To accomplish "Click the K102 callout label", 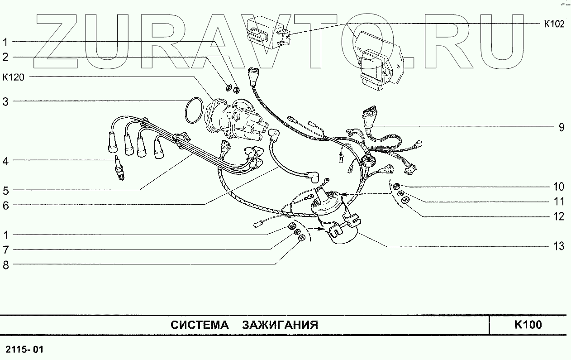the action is point(553,24).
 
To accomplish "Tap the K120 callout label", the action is point(14,77).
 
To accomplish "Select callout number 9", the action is point(561,127).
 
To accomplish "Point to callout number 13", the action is point(559,246).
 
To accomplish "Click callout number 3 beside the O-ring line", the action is point(6,101).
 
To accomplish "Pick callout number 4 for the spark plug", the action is point(6,160).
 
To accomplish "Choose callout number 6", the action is point(6,205).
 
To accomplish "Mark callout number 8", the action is point(6,265).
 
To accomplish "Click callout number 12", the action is point(559,216).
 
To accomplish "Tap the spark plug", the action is point(119,169).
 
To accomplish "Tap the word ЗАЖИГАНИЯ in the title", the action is point(280,325).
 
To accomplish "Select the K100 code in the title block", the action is point(528,325).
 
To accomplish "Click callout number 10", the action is point(559,187).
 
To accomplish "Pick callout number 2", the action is point(6,57).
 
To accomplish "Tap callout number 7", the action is point(6,250).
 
